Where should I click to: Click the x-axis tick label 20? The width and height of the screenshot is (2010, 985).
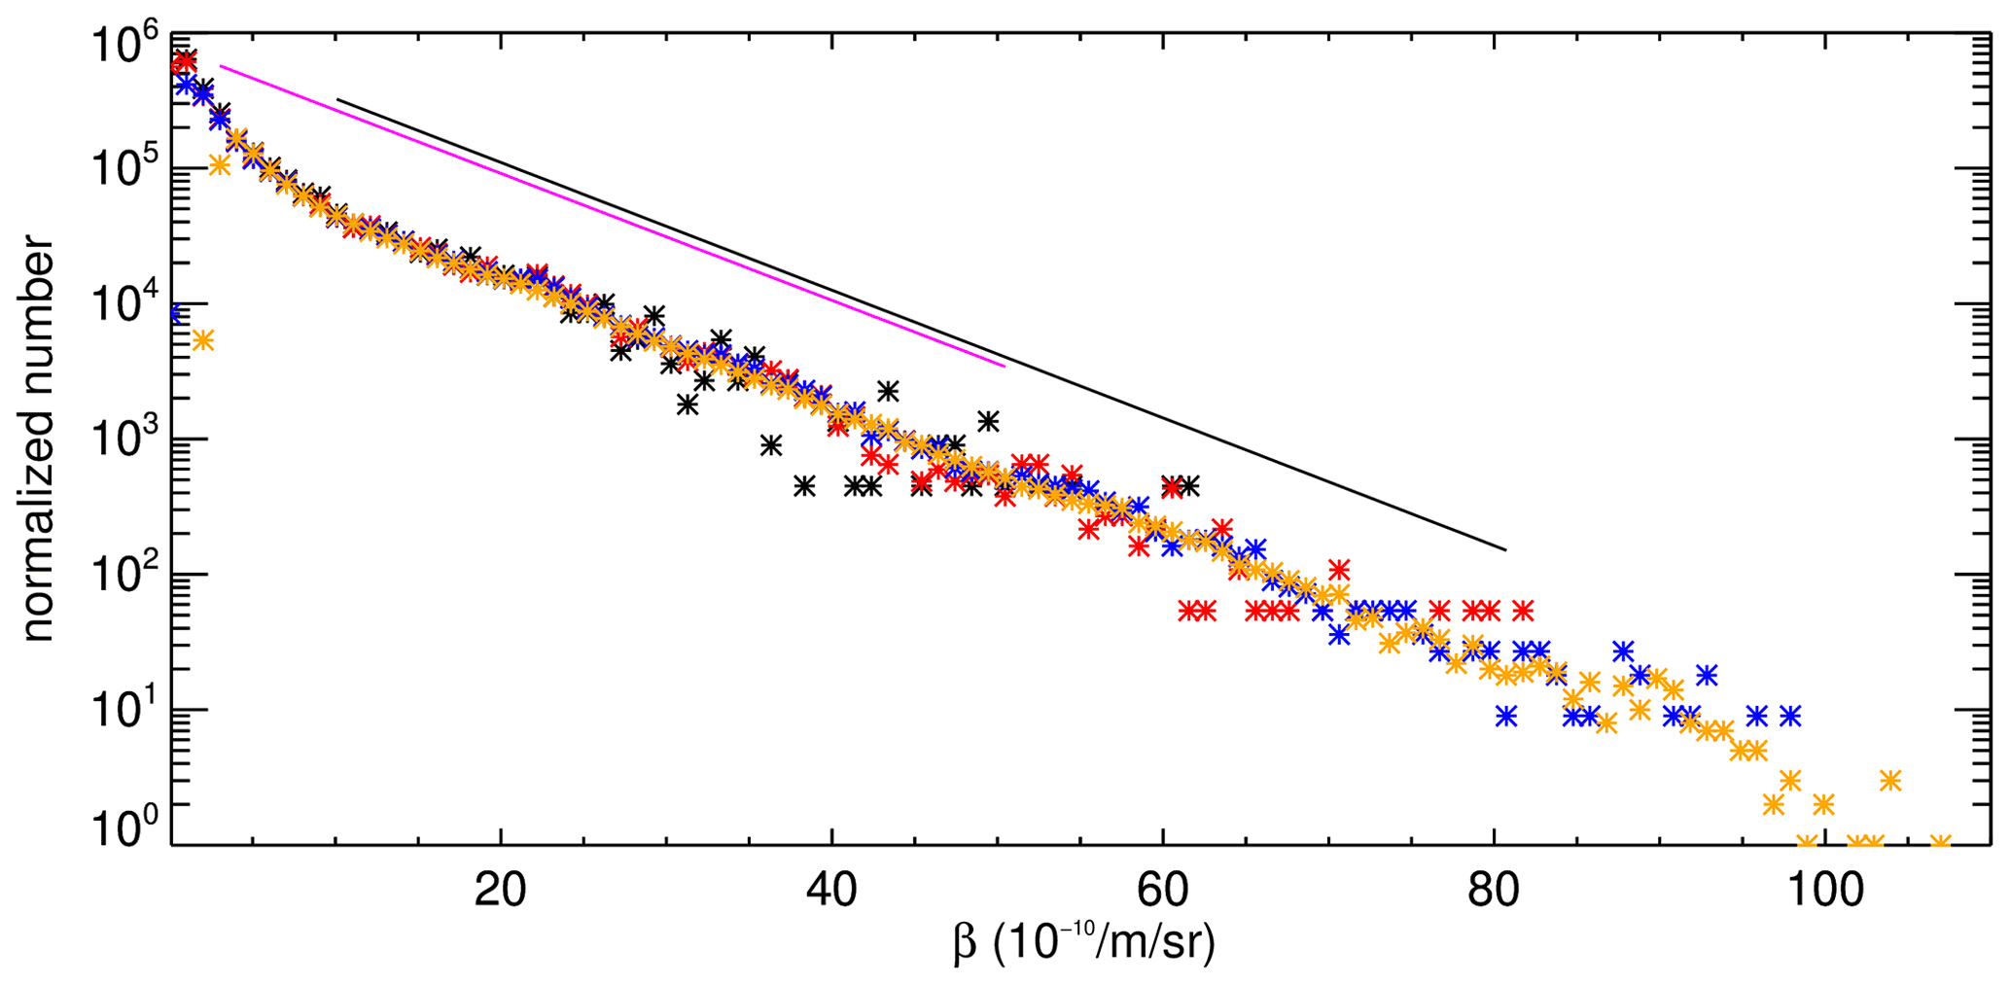[x=501, y=892]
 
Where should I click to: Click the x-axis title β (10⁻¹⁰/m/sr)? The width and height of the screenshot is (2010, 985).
[x=1084, y=944]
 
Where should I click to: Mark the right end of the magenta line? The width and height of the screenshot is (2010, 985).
[x=1005, y=366]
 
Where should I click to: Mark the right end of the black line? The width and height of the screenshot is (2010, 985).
[x=1506, y=550]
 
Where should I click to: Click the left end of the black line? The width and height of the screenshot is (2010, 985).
[x=336, y=99]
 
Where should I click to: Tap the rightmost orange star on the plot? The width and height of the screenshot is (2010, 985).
[x=1940, y=843]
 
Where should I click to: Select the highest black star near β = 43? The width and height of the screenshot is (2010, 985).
[x=887, y=391]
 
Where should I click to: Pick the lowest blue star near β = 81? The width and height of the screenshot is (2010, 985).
[x=1506, y=717]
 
